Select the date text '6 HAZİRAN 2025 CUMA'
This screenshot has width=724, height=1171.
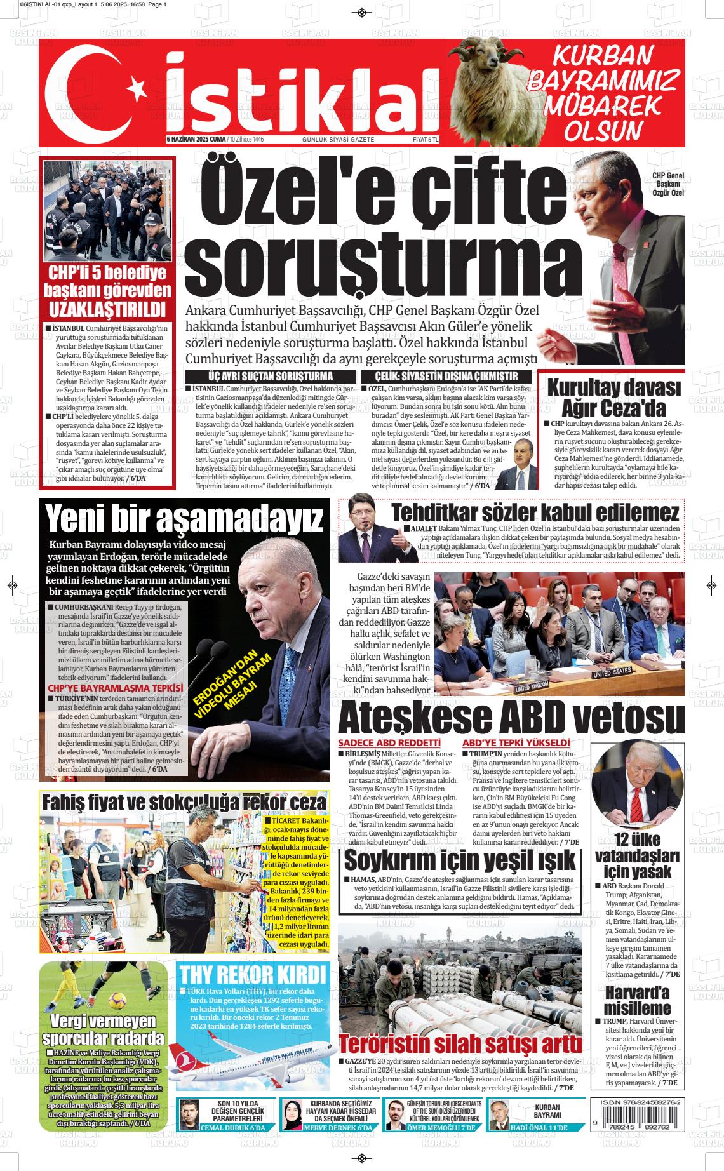pyautogui.click(x=196, y=139)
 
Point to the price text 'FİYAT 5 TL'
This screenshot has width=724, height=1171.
pyautogui.click(x=426, y=139)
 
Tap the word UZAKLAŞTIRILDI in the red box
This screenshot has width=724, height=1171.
pyautogui.click(x=108, y=310)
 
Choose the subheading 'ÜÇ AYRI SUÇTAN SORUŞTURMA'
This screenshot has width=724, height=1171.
pyautogui.click(x=270, y=377)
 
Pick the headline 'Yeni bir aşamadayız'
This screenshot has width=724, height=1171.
pyautogui.click(x=184, y=519)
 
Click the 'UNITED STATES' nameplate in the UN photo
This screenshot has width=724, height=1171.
pyautogui.click(x=612, y=672)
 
